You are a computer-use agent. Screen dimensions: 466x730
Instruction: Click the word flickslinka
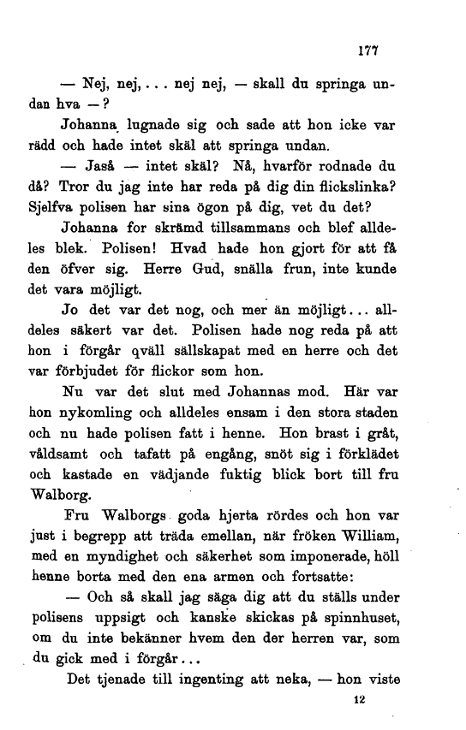point(350,187)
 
